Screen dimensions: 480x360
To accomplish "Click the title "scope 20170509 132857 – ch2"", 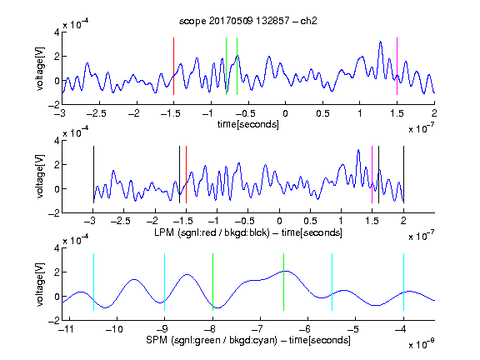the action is (248, 21).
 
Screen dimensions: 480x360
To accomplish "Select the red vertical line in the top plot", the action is (173, 66).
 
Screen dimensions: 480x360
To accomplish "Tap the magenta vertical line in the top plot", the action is (397, 66).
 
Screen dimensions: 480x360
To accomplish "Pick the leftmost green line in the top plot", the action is (226, 66).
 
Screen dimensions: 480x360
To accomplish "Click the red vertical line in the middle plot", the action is (186, 174).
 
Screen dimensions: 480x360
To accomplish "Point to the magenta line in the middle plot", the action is (372, 174).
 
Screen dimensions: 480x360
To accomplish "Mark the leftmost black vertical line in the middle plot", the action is (93, 174).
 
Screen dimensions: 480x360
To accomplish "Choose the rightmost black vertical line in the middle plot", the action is (403, 174).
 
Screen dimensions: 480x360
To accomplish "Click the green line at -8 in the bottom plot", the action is (212, 282).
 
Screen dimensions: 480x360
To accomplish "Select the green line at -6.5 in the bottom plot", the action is (284, 282).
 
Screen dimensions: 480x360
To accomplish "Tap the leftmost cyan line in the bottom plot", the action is (93, 282).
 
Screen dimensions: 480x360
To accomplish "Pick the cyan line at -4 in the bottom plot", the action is (403, 282).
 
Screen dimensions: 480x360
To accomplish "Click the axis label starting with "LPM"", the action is (248, 232).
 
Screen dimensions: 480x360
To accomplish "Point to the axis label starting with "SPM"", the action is (248, 340).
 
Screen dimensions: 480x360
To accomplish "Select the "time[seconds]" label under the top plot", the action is (248, 124).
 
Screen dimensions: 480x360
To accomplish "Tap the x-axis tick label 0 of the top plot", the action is (285, 113).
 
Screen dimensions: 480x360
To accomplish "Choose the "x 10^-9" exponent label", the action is (422, 344).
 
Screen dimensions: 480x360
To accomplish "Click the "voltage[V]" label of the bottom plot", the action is (40, 284).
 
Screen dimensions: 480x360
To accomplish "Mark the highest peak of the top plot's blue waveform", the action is (380, 42).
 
